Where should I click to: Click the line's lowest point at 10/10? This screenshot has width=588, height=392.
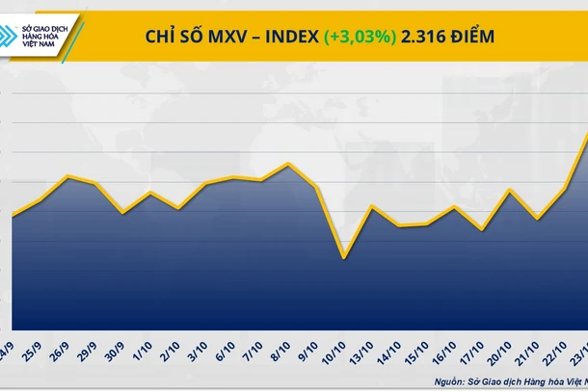coord(343,257)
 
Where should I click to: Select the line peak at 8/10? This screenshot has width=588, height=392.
coord(288,164)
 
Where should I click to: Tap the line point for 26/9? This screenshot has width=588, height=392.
coord(67,176)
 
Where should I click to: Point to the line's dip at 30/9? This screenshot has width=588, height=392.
coord(121,212)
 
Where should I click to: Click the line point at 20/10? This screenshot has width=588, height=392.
coord(509,190)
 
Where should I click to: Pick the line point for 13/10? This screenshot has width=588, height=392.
coord(371,206)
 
